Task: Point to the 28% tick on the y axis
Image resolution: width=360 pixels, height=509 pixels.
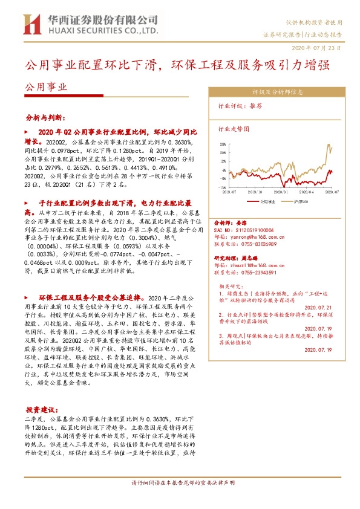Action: point(223,144)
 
